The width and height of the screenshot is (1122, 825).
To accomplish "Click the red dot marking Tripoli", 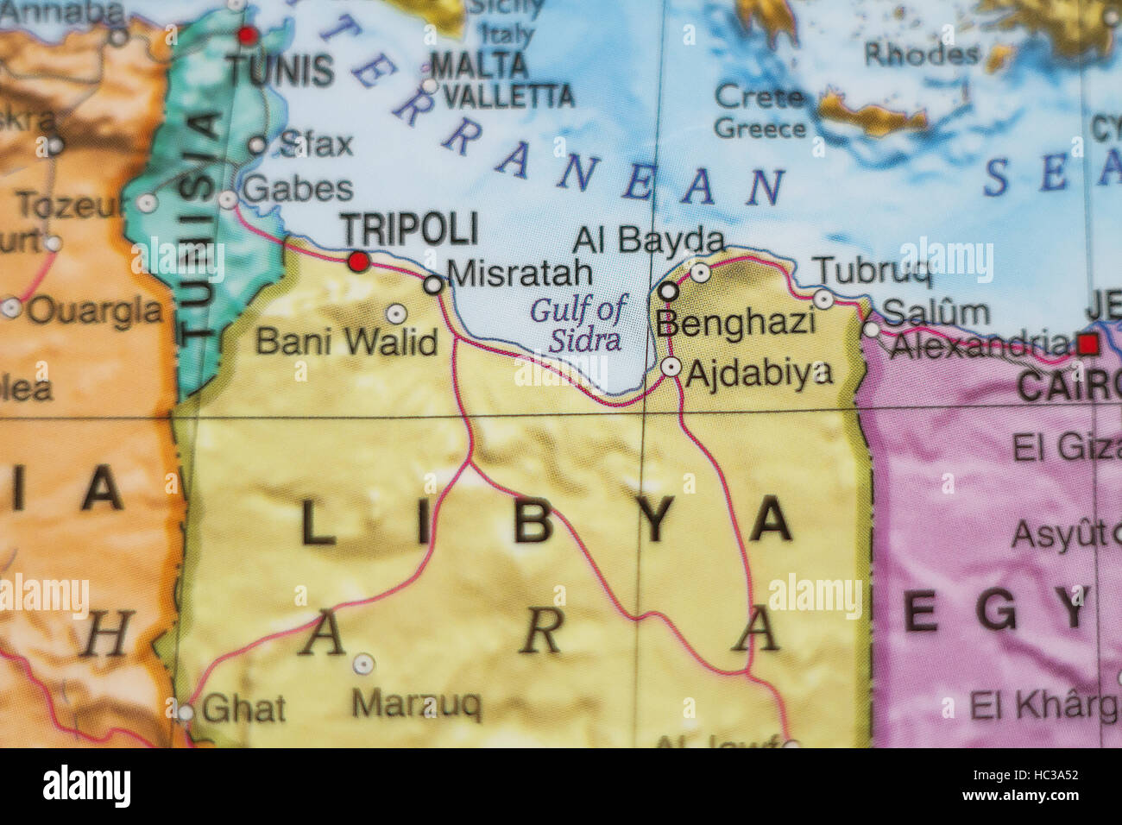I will [359, 261].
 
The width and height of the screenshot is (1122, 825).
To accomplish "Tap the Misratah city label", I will [520, 274].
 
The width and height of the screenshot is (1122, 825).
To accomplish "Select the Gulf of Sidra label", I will [579, 324].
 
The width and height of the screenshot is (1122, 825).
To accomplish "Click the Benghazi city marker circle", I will [669, 292].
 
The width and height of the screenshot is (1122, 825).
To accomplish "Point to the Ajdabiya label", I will [759, 372].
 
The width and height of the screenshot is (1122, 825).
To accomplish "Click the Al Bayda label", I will [647, 240].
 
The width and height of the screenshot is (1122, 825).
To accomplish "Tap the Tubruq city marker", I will [823, 299].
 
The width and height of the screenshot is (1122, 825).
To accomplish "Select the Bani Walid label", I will [347, 342].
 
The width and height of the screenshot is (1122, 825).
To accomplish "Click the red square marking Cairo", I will [1088, 345].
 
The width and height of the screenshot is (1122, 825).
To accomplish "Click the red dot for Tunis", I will [248, 35].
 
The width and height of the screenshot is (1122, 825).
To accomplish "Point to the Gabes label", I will [298, 189].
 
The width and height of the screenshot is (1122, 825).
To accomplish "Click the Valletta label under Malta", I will [507, 96].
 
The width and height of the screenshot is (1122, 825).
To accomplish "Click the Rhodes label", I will [921, 54].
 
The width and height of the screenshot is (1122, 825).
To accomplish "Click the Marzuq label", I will [416, 705].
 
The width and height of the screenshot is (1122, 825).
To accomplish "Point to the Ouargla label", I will [95, 311].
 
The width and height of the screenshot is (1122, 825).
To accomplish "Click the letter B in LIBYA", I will [533, 521].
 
